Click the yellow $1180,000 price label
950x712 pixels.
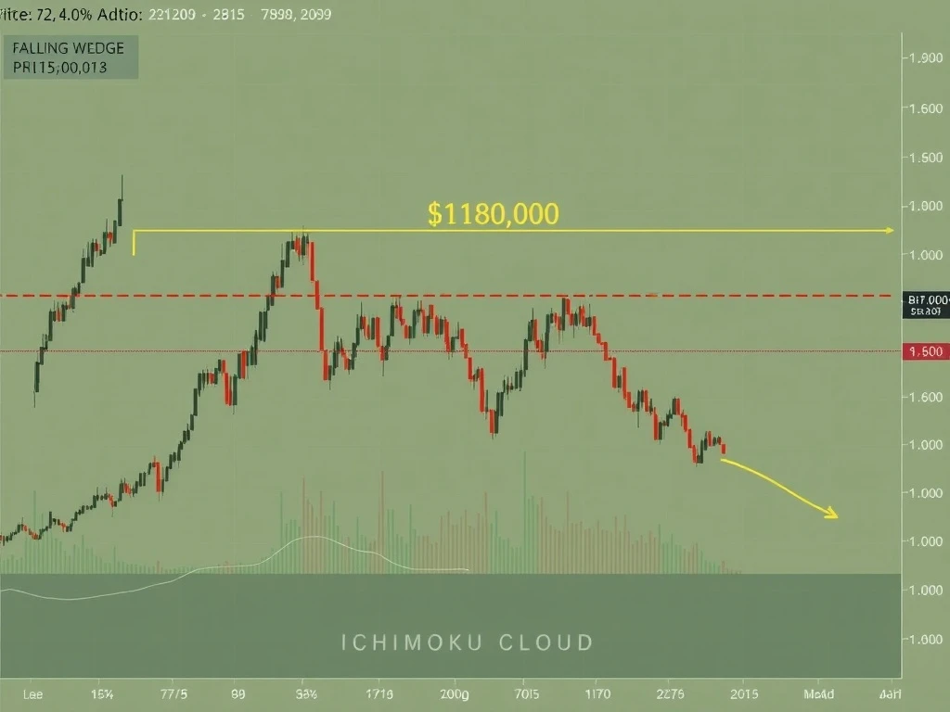click(494, 214)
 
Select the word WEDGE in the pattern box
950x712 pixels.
click(101, 47)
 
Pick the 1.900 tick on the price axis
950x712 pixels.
click(925, 58)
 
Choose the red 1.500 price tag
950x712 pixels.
click(926, 351)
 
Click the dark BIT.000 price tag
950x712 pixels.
click(926, 305)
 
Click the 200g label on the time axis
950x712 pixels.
click(455, 693)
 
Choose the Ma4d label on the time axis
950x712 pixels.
click(817, 693)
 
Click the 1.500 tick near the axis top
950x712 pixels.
click(925, 157)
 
